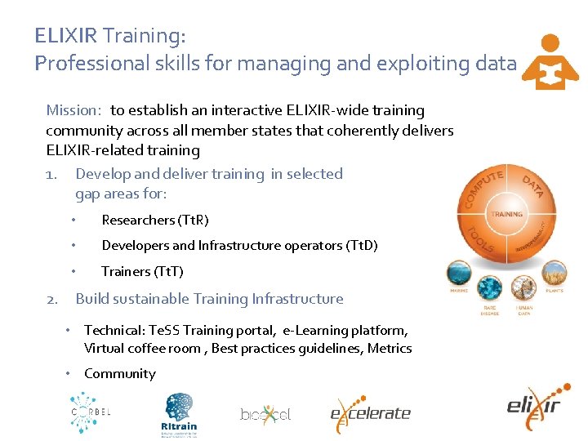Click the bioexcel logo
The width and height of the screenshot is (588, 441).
(265, 414)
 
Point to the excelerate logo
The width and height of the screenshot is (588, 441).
(369, 412)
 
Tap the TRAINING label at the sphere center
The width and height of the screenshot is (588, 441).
(506, 214)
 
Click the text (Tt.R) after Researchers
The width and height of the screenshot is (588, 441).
(193, 220)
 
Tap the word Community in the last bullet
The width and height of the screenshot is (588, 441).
(119, 373)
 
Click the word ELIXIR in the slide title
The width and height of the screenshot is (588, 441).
(65, 36)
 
